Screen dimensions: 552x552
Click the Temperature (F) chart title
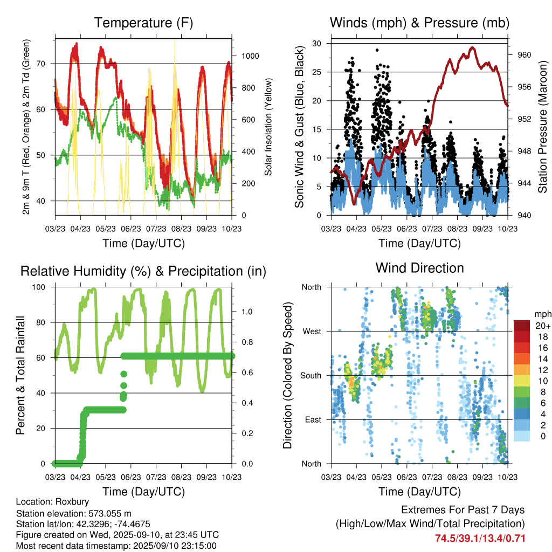[143, 23]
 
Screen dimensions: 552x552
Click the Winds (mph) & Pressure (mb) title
[420, 23]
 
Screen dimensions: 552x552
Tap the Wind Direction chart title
[419, 268]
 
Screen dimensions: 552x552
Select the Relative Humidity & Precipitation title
[143, 271]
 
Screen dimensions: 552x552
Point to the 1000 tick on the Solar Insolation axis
[250, 56]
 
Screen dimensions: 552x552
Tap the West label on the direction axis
[312, 331]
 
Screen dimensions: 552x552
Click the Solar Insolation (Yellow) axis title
[267, 127]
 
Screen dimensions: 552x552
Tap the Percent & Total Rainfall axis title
[20, 375]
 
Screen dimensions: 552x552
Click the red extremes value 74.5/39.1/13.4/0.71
[480, 538]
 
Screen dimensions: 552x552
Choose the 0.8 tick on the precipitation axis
[247, 342]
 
